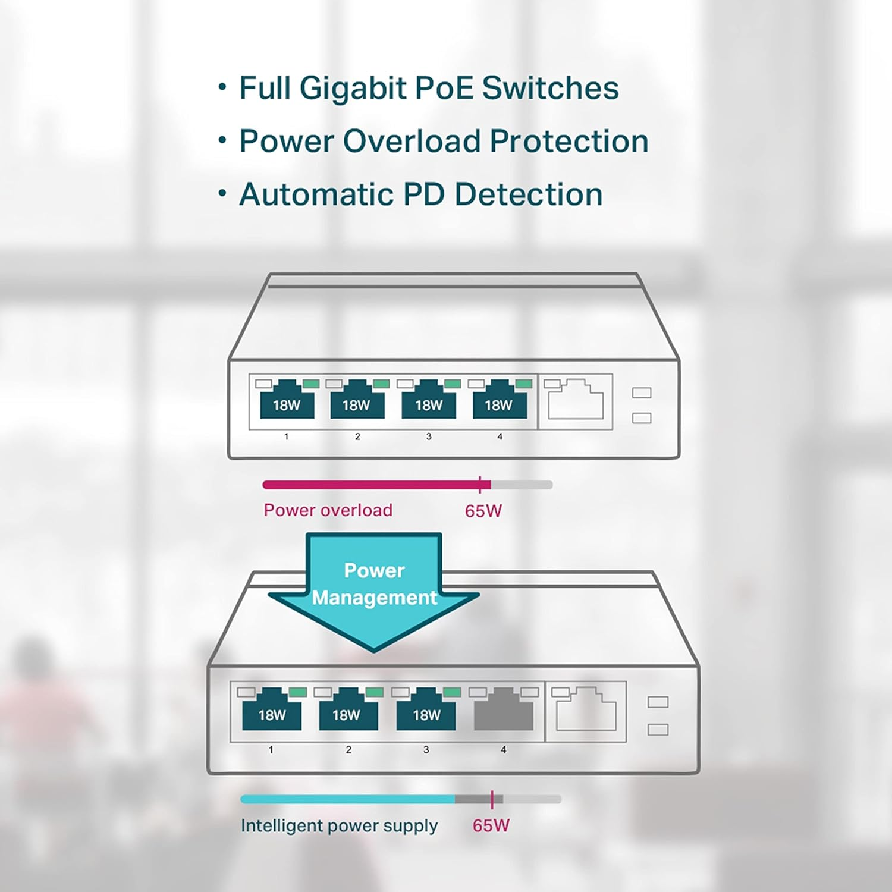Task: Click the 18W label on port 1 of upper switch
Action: click(x=287, y=405)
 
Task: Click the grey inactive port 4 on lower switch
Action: click(x=503, y=711)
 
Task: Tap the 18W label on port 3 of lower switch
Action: click(x=426, y=714)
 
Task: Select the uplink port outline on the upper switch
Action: click(x=575, y=400)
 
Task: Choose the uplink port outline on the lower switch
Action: click(x=586, y=710)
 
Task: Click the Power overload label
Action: click(x=328, y=510)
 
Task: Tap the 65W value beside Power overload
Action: click(x=483, y=511)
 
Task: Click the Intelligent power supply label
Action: click(x=339, y=825)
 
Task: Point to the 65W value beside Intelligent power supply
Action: click(x=491, y=825)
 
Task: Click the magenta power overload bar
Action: click(x=375, y=485)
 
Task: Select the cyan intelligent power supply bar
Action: click(x=348, y=799)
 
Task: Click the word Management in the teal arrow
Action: click(x=375, y=598)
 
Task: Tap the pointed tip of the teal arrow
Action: click(x=374, y=649)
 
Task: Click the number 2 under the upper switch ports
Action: click(x=357, y=436)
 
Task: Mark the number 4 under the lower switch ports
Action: click(x=503, y=750)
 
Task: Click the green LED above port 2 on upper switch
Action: click(x=381, y=384)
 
